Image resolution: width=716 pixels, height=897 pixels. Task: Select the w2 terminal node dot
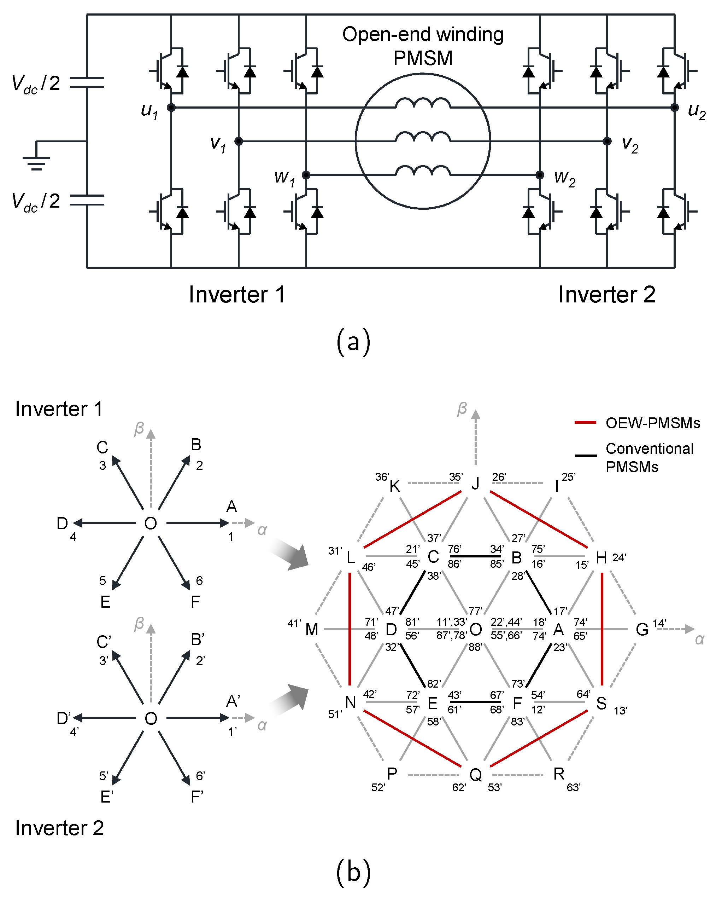tap(540, 175)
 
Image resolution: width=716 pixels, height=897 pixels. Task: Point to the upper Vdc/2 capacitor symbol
tap(87, 82)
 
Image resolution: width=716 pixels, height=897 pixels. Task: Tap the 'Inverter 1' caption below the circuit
tap(237, 295)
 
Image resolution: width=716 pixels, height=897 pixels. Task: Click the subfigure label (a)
tap(353, 342)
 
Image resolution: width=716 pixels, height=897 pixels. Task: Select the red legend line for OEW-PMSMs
tap(585, 423)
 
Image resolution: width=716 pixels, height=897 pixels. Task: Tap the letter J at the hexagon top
tap(475, 484)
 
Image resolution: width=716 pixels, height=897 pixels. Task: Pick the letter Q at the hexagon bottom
tap(475, 774)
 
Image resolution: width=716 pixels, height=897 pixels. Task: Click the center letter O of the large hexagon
tap(475, 630)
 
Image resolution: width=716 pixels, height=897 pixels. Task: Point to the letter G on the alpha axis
tap(642, 630)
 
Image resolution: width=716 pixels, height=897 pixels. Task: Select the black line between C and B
tap(475, 556)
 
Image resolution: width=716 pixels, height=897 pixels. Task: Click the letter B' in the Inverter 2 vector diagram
tap(198, 640)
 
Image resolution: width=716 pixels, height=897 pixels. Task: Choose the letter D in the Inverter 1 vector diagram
tap(62, 523)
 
